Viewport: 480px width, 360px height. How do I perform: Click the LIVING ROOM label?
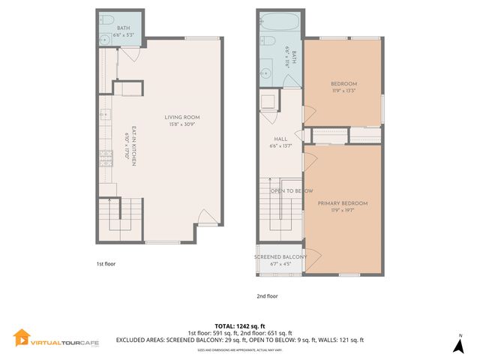182,118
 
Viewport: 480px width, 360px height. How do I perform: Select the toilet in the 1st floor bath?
106,19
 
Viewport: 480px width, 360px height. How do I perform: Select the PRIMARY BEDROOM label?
343,203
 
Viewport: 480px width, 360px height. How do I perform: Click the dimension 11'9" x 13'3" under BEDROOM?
343,91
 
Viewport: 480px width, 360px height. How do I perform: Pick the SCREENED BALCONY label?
280,257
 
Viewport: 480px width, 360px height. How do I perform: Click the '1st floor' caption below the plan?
106,264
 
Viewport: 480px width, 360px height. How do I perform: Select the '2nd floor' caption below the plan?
267,296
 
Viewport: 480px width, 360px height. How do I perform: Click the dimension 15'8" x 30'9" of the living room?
182,125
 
